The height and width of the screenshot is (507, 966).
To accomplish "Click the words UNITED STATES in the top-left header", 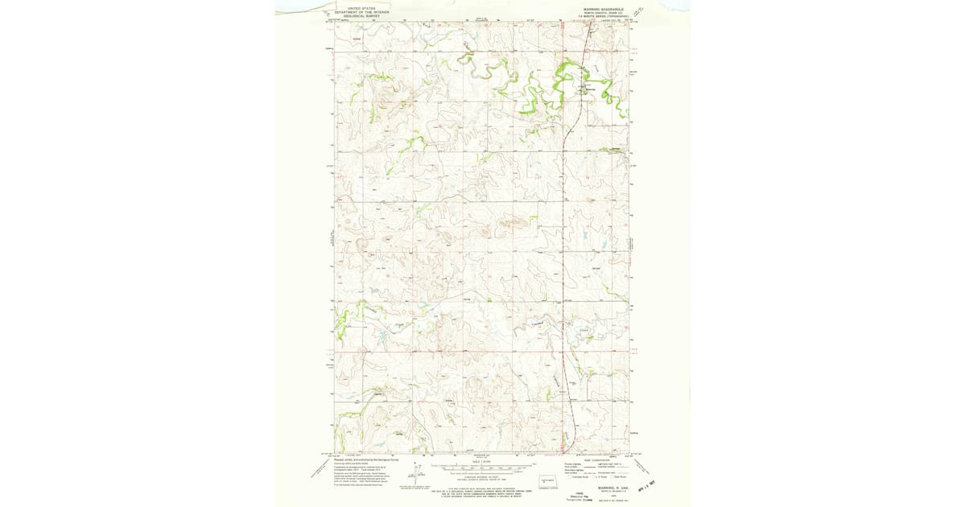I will [361, 8].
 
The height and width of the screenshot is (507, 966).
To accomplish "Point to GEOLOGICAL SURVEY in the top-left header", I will [361, 16].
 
